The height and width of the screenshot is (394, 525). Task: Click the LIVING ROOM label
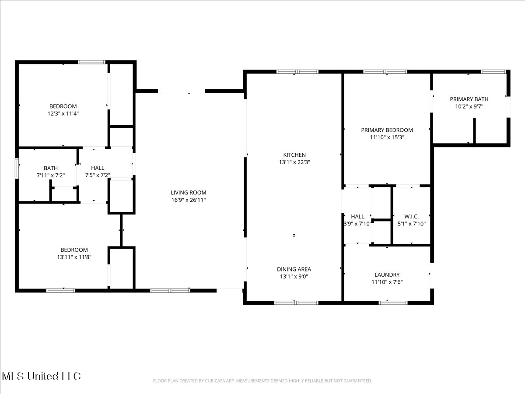pos(189,193)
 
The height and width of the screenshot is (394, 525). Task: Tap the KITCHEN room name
pos(294,155)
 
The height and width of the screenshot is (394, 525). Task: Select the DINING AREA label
pos(294,269)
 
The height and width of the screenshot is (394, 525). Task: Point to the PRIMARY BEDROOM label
pos(387,130)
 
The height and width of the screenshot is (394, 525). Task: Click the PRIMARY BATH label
pos(469,99)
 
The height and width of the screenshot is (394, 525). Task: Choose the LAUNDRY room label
pos(387,274)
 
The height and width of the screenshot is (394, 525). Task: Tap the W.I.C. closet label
pos(411,217)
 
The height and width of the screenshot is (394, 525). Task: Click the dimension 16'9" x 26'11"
pos(189,200)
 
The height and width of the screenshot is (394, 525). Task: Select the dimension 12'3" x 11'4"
pos(63,113)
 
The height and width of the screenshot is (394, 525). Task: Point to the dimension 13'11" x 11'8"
pos(74,257)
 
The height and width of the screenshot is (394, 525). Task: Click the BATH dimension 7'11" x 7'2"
pos(51,176)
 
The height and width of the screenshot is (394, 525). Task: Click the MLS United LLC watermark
pos(41,376)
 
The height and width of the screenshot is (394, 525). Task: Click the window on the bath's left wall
pos(17,168)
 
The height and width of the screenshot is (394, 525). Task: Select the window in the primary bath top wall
pos(493,71)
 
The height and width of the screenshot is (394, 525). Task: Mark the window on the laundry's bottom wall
pos(393,303)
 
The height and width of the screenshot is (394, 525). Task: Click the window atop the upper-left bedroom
pos(91,62)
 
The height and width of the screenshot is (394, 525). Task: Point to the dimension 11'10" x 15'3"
pos(387,137)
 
